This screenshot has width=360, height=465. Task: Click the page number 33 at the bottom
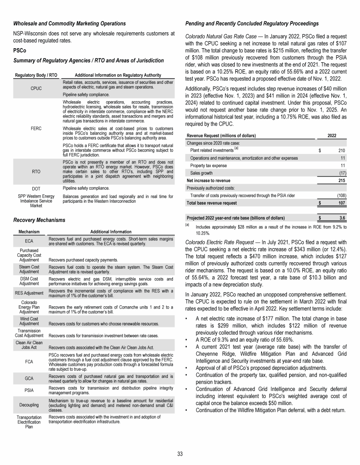(180, 454)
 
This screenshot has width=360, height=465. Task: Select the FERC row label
(36, 126)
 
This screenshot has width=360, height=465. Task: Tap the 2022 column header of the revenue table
(331, 135)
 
